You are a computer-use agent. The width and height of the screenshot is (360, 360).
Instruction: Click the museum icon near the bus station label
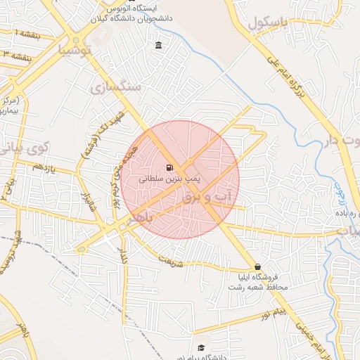(157, 46)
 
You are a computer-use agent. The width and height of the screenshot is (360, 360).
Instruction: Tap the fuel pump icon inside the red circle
(169, 168)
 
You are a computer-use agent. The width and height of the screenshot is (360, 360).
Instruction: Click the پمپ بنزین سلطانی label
(169, 180)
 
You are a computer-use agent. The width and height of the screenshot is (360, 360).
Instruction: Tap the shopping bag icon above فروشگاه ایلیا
(259, 267)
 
